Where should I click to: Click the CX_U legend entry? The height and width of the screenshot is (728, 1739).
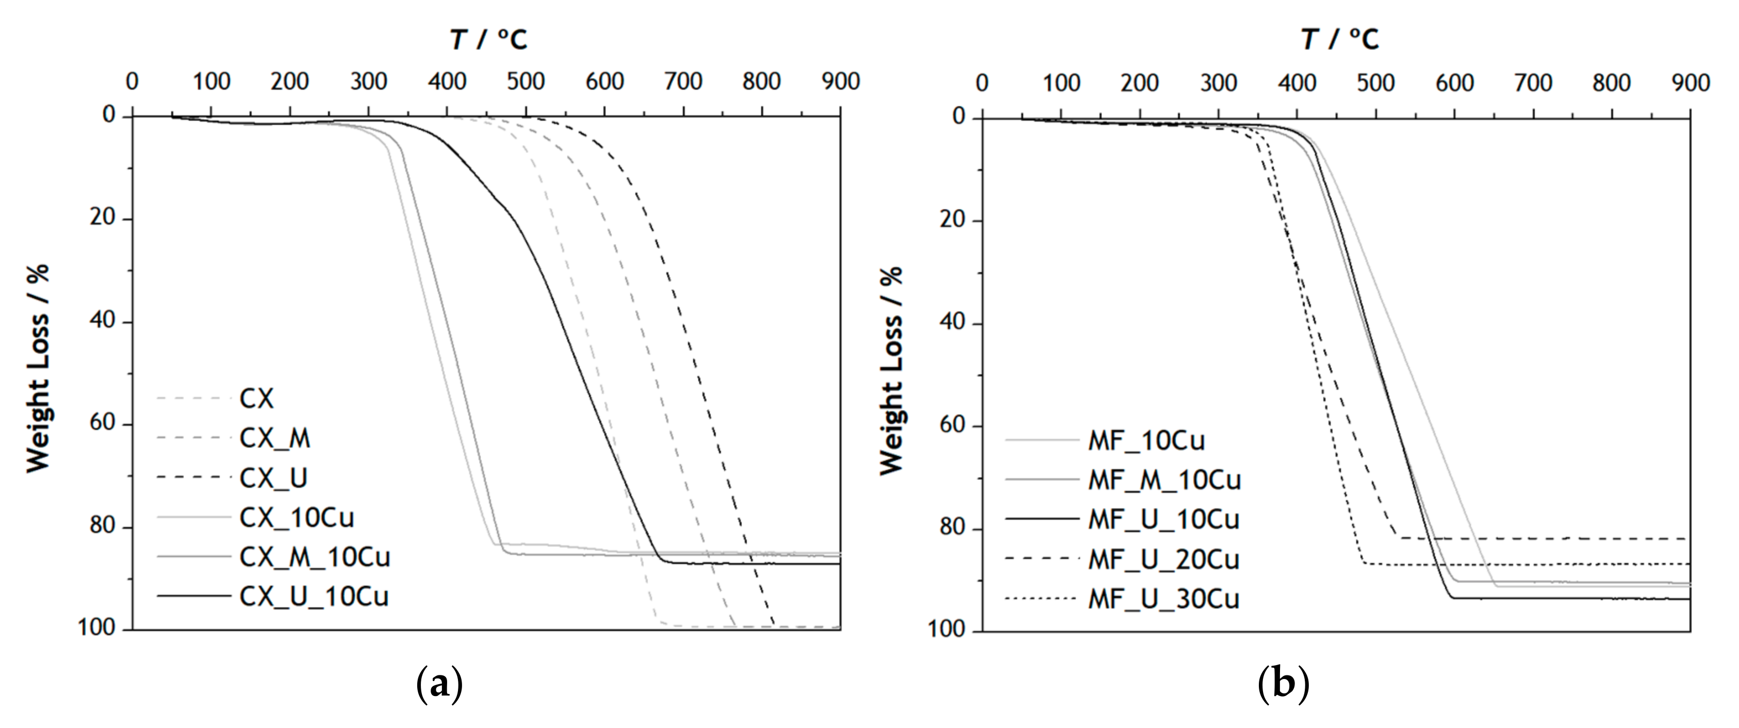click(273, 478)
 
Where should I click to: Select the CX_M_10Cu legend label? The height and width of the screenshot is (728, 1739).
click(315, 557)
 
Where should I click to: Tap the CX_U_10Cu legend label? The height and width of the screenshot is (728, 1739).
click(314, 597)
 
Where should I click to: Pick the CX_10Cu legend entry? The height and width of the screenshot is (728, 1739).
click(297, 518)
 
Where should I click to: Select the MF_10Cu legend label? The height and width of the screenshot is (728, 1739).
click(1146, 441)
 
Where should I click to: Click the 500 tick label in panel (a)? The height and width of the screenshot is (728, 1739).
click(526, 81)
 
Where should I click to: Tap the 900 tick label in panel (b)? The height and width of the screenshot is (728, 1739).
click(1691, 83)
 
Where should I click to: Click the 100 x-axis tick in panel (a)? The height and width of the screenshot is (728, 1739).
click(211, 81)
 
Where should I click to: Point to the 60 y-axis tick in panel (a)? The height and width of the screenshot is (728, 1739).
click(103, 423)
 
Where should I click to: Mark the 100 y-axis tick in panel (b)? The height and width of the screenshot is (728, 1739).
click(946, 630)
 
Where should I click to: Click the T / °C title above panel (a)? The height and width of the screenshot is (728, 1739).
click(489, 39)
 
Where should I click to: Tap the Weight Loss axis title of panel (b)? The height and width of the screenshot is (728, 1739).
click(891, 370)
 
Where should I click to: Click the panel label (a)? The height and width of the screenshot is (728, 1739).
click(440, 684)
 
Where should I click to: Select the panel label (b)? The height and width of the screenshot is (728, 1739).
click(1283, 684)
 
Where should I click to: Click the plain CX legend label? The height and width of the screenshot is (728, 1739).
click(256, 399)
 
